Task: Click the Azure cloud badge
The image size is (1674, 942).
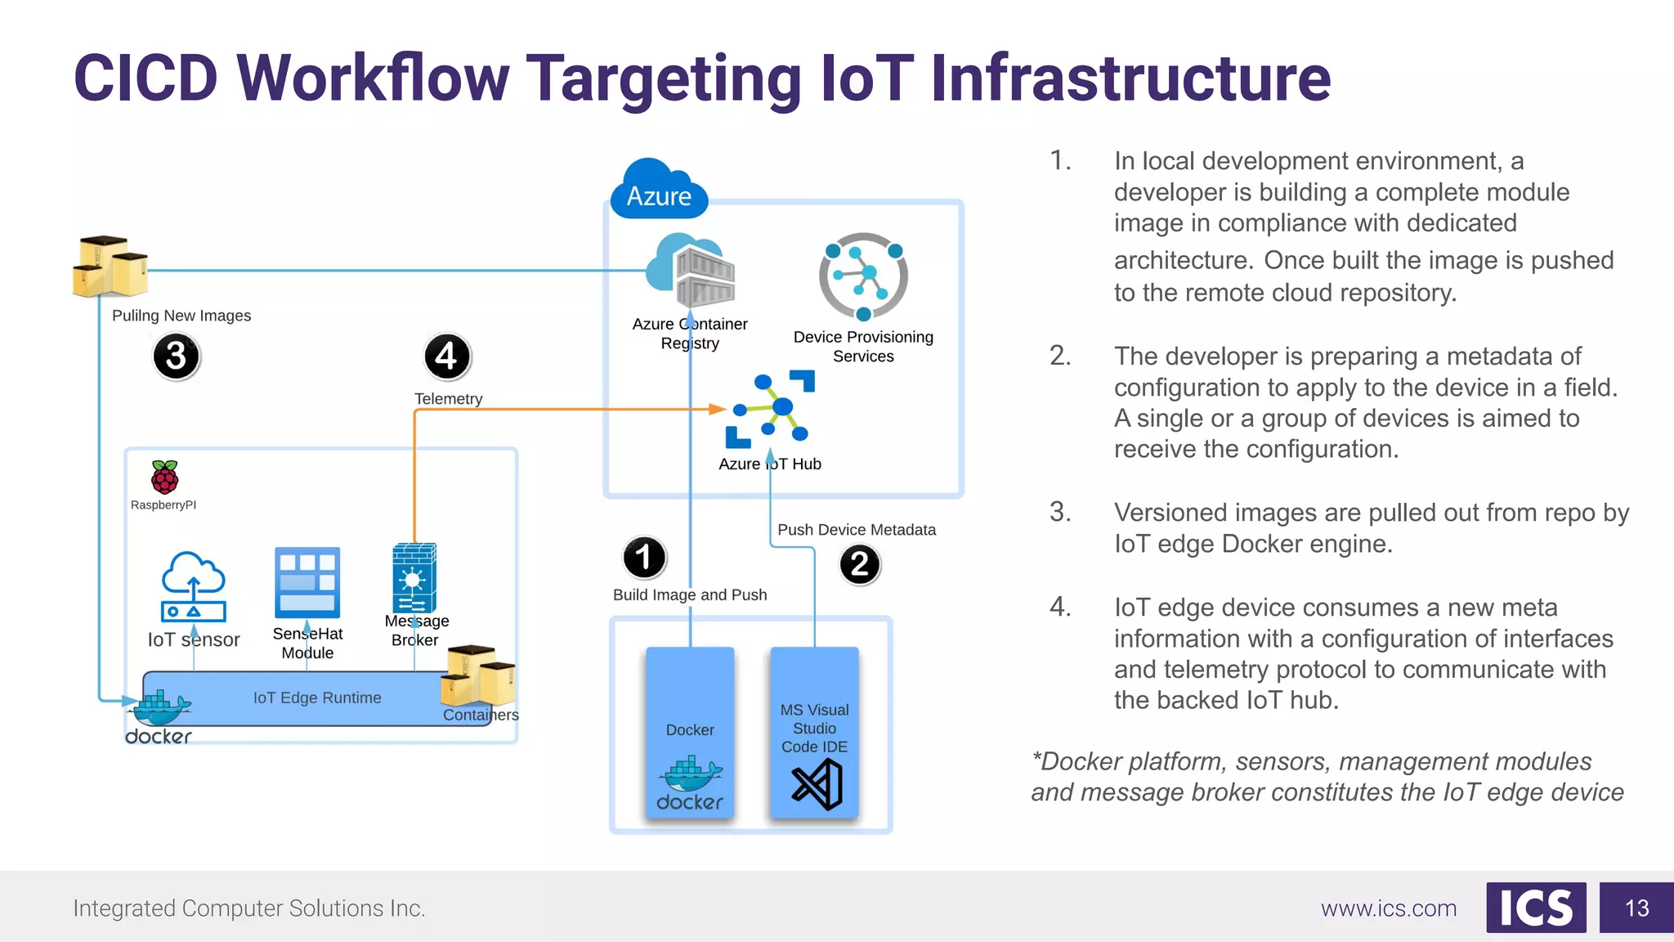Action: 659,191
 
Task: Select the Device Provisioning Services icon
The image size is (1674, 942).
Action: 863,276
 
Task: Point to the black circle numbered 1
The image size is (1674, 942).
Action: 644,558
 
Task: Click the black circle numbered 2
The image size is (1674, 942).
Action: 859,564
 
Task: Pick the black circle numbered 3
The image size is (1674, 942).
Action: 176,357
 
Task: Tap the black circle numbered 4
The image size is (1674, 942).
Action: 447,357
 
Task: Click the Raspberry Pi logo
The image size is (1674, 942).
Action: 164,477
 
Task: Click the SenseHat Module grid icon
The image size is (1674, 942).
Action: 307,582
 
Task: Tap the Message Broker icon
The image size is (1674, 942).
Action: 414,577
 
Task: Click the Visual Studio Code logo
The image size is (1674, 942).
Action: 817,784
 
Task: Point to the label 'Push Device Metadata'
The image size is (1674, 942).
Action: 856,530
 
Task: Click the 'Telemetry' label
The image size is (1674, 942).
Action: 448,399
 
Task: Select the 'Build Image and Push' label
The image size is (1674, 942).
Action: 690,595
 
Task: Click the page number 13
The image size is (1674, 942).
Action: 1636,908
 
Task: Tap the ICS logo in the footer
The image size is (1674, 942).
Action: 1536,908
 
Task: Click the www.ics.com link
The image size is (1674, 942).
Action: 1388,908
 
